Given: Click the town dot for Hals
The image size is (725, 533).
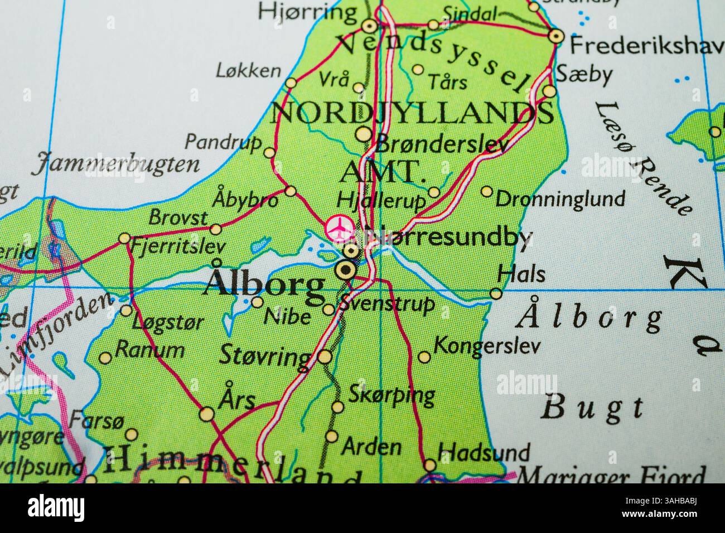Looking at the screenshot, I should coord(496,293).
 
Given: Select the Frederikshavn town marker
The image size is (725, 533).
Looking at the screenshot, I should coord(555,37).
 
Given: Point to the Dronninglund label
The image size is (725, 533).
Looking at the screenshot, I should coord(560,198).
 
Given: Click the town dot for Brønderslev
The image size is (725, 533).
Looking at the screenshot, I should coord(364,134).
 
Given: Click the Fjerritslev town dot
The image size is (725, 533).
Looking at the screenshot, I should coord(124,239).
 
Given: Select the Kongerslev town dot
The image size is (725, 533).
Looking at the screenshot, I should coord(424,357).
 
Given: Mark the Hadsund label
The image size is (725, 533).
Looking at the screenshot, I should coord(484,451).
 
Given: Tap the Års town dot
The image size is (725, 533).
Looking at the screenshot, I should coord(206,414).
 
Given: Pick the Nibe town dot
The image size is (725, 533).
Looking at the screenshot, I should coord(257,302).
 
